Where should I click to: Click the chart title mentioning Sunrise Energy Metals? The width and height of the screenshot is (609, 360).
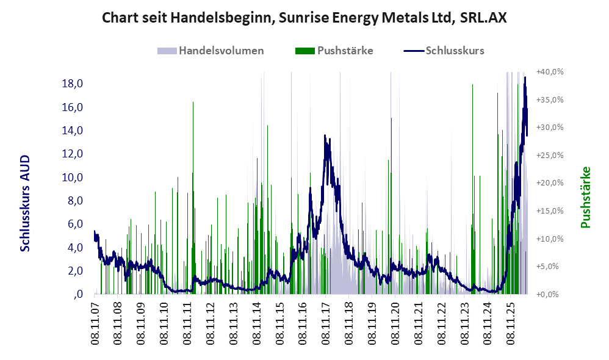(304, 18)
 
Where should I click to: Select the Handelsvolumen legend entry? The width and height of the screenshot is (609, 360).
(211, 51)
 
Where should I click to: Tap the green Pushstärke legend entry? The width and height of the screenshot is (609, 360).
(334, 51)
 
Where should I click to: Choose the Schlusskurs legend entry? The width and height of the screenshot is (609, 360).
(444, 51)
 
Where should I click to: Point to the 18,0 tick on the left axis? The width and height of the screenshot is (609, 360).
(73, 84)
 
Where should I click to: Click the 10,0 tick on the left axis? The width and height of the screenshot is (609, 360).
(73, 177)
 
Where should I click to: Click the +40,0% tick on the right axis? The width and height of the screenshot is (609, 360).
(550, 72)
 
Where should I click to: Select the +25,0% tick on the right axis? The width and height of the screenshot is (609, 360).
(550, 156)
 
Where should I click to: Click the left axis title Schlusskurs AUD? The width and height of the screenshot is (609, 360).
(25, 203)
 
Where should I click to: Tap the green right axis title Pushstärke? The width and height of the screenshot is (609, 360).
(585, 197)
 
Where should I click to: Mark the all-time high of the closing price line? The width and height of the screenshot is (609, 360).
(525, 77)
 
